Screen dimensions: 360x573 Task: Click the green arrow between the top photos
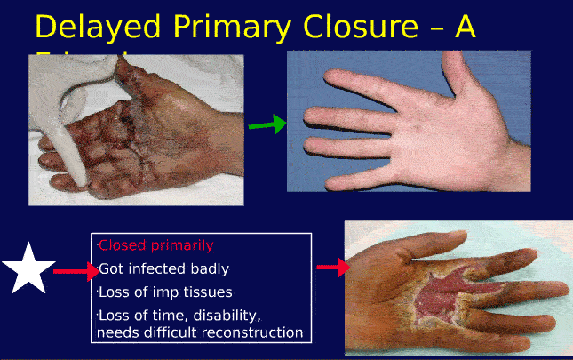pyautogui.click(x=267, y=124)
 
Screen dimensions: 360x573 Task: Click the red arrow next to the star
pyautogui.click(x=76, y=270)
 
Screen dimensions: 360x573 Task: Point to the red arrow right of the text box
pyautogui.click(x=330, y=268)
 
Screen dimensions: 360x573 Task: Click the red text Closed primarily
pyautogui.click(x=155, y=245)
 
